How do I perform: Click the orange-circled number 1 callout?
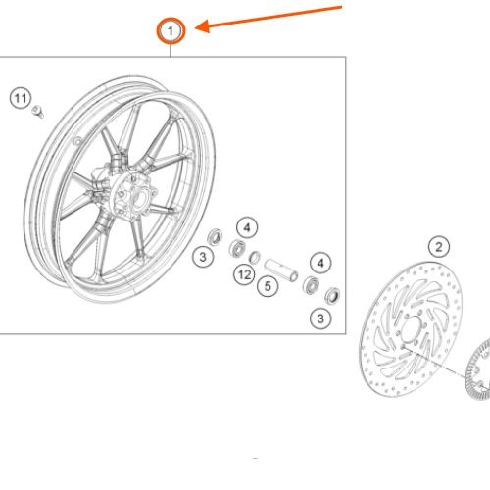click(x=171, y=31)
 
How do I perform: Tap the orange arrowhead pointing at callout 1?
click(x=202, y=26)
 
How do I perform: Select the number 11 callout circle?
click(x=21, y=98)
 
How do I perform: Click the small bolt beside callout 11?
click(x=38, y=112)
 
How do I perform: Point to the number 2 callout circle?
click(x=439, y=247)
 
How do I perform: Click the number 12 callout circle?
click(x=244, y=274)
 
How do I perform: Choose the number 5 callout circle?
click(x=268, y=286)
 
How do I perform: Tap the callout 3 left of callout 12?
click(x=203, y=257)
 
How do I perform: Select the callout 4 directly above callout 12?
click(x=247, y=227)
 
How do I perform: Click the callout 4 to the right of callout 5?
click(x=320, y=263)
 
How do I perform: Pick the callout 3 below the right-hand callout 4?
click(x=320, y=318)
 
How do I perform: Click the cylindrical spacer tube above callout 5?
click(x=281, y=269)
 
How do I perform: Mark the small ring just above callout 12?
click(x=255, y=257)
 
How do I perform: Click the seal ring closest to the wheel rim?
click(x=216, y=237)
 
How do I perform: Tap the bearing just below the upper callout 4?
click(x=237, y=248)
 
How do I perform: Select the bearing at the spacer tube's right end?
click(x=311, y=285)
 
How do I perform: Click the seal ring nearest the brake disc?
click(x=332, y=296)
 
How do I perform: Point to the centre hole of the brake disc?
click(x=411, y=330)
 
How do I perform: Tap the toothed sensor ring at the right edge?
click(x=477, y=369)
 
